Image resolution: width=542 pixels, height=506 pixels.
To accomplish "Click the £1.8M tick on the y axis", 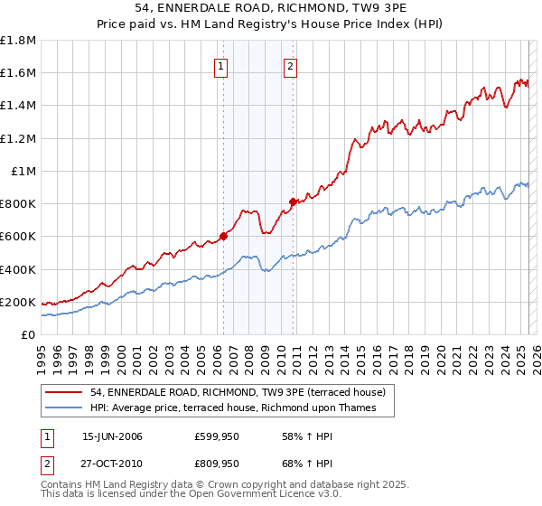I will [18, 41].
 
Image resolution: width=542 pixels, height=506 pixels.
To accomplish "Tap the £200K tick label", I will [18, 302].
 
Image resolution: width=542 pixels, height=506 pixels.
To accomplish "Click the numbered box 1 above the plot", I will [221, 65].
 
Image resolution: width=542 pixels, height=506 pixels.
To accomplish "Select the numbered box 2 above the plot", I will [290, 65].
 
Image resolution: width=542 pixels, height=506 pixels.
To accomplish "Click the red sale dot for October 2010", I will [293, 202].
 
